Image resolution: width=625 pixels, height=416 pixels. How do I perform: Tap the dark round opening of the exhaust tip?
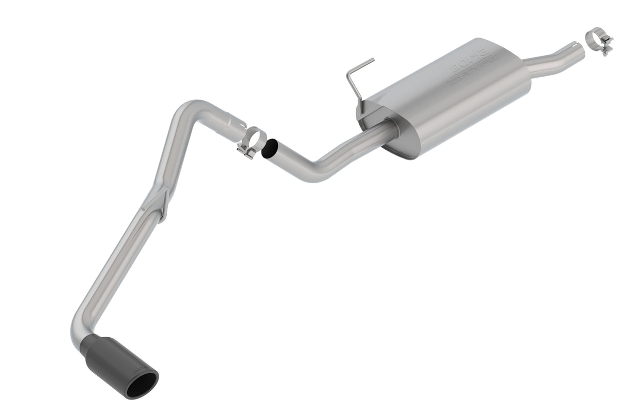142,385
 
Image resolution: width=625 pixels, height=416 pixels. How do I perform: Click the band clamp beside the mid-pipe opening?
252,141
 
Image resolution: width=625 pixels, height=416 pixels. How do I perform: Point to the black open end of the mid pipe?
269,149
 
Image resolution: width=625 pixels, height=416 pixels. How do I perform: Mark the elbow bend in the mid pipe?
314,170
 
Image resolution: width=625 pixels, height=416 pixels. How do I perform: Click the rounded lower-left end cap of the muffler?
371,121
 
